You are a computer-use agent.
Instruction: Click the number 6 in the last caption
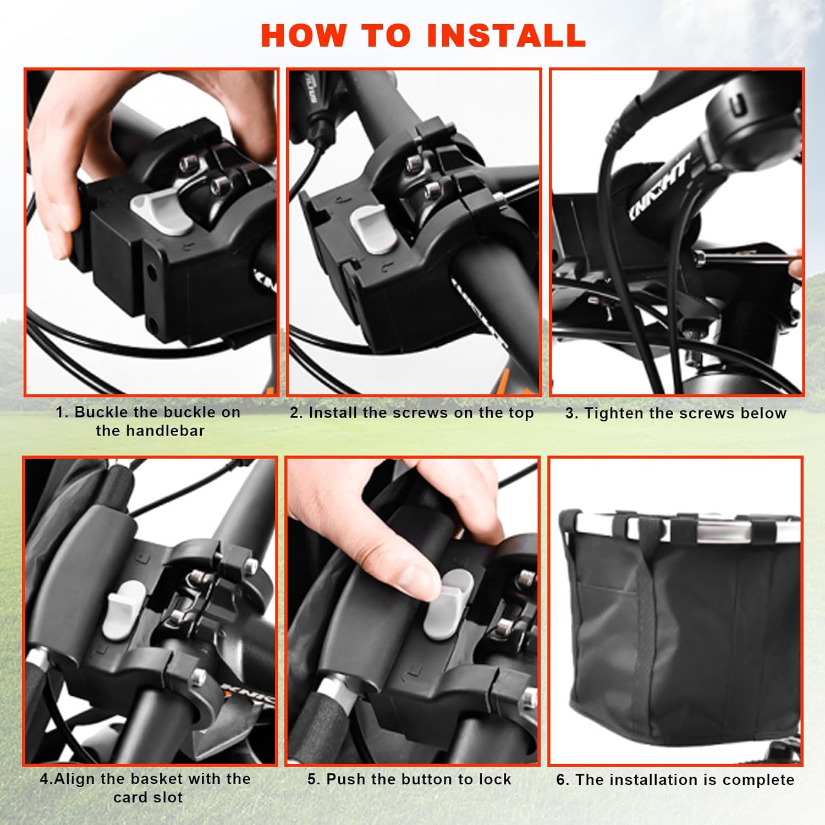click(561, 780)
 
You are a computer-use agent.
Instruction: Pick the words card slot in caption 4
click(148, 798)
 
